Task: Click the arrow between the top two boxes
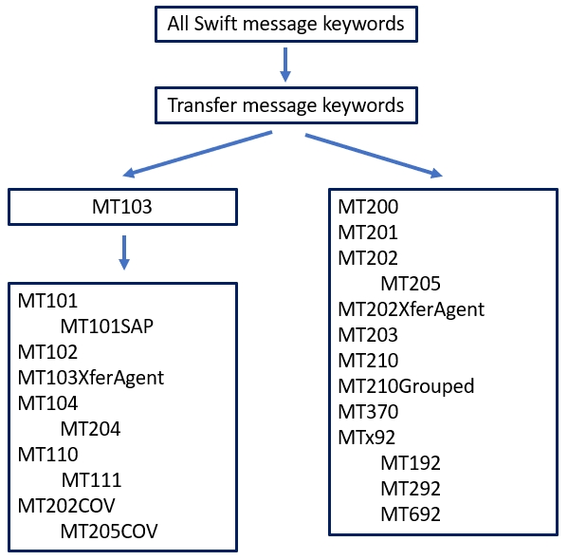(x=285, y=65)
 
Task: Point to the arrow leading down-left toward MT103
(x=197, y=154)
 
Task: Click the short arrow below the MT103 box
(x=124, y=252)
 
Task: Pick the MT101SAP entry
(x=107, y=327)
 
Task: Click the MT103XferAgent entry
(x=91, y=378)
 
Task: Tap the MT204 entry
(x=90, y=429)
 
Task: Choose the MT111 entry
(x=91, y=480)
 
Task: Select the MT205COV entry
(x=109, y=532)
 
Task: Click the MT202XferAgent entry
(x=412, y=309)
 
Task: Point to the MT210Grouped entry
(x=406, y=386)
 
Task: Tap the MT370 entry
(x=368, y=412)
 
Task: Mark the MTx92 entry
(x=366, y=438)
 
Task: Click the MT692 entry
(x=411, y=514)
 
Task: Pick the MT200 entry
(x=368, y=207)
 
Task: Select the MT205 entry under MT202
(x=411, y=284)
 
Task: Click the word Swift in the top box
(x=215, y=24)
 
